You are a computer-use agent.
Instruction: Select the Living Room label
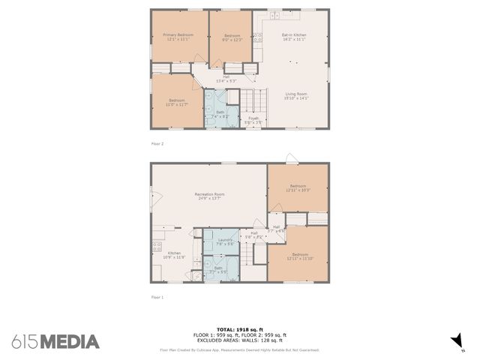(x=295, y=94)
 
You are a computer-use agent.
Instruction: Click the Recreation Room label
(x=209, y=194)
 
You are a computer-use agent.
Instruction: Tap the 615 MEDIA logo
(x=55, y=341)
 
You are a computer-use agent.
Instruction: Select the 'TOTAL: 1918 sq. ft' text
(x=240, y=329)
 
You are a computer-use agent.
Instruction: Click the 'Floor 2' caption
(x=157, y=142)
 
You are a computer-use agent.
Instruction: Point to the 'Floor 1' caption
(x=157, y=297)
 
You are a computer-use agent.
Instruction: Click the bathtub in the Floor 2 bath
(x=232, y=116)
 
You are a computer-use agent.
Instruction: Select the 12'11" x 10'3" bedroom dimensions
(x=298, y=190)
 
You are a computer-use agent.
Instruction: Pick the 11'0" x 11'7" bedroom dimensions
(x=176, y=104)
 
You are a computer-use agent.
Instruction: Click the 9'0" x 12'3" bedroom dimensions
(x=232, y=39)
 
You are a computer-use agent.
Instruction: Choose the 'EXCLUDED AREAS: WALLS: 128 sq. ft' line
(x=240, y=340)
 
